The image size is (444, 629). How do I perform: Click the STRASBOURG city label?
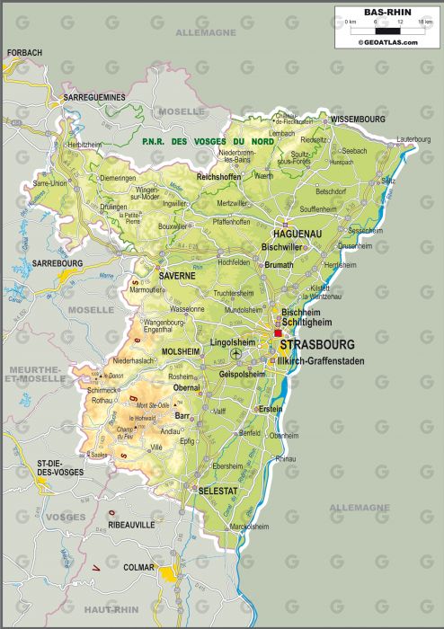pos(316,344)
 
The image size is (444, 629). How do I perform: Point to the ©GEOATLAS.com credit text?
pos(387,42)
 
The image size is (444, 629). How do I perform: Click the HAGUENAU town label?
pos(291,233)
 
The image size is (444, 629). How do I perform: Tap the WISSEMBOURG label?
pos(358,119)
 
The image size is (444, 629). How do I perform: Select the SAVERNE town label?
pos(177,276)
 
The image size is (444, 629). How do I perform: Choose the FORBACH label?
pos(24,53)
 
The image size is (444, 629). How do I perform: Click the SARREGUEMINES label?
pos(94,97)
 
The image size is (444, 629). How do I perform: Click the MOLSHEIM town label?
pos(181,351)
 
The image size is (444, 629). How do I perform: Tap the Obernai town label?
pos(187,387)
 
